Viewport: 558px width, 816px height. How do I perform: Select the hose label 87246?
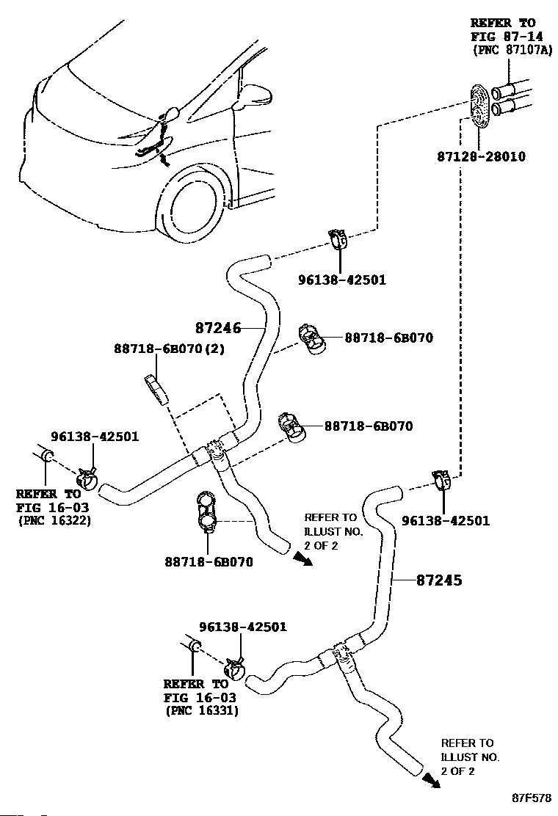(x=218, y=328)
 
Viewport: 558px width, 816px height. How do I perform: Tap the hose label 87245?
(x=439, y=580)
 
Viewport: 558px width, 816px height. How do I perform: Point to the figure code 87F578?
(x=532, y=796)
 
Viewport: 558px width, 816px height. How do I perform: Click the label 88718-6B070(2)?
(x=168, y=349)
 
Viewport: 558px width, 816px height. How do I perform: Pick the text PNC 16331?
(x=201, y=710)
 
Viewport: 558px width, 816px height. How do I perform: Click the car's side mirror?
(x=256, y=95)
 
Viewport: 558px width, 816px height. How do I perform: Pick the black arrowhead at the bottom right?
(x=432, y=782)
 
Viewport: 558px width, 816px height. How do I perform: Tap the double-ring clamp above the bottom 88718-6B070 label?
(x=206, y=514)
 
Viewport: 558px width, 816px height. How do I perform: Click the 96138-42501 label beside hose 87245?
(x=445, y=521)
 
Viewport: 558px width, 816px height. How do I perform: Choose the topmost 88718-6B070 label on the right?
(x=388, y=338)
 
